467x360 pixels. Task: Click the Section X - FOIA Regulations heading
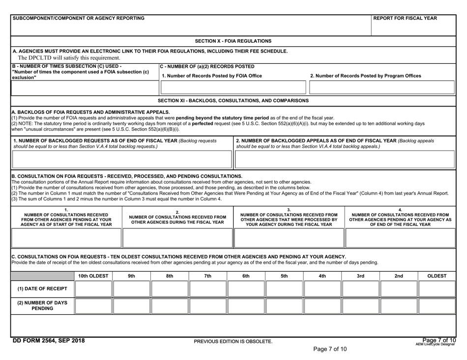pyautogui.click(x=233, y=41)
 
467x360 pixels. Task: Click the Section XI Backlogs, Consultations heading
pyautogui.click(x=233, y=100)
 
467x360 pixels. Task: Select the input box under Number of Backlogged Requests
pyautogui.click(x=117, y=159)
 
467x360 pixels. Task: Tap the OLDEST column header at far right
pyautogui.click(x=437, y=276)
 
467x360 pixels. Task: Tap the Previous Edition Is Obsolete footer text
pyautogui.click(x=233, y=341)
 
